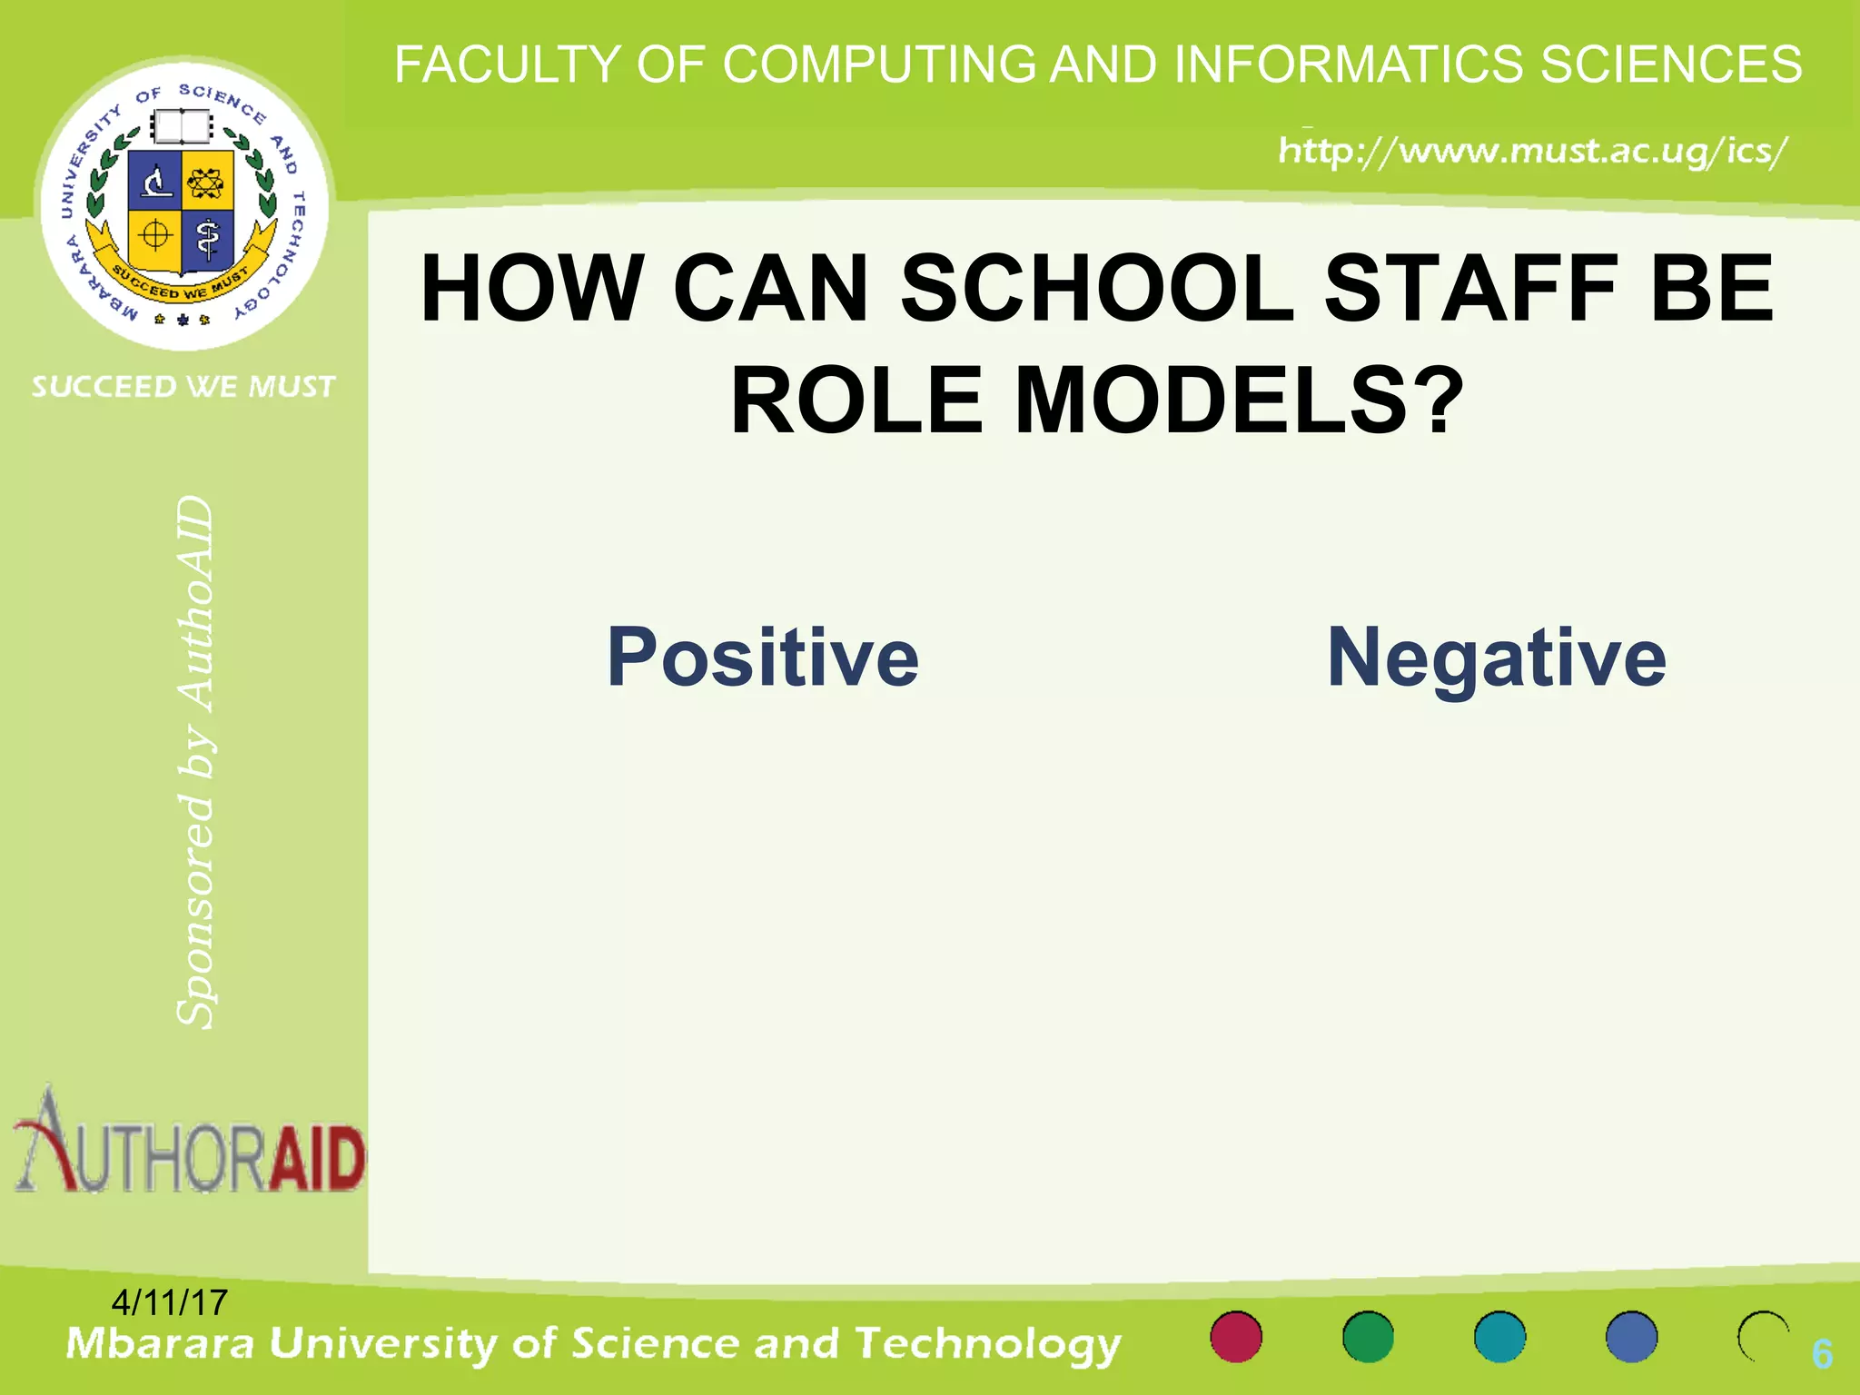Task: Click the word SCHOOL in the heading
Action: pos(1097,289)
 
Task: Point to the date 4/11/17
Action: pos(169,1302)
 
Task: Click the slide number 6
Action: pos(1822,1354)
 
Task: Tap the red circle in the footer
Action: pos(1236,1337)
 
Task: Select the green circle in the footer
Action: pos(1368,1337)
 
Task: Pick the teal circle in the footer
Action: pos(1499,1337)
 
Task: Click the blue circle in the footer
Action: pos(1631,1337)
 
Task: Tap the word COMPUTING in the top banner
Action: pos(879,64)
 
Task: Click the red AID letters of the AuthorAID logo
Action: pos(319,1160)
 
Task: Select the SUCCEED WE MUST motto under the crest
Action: pos(183,387)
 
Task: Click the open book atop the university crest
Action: pos(182,126)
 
